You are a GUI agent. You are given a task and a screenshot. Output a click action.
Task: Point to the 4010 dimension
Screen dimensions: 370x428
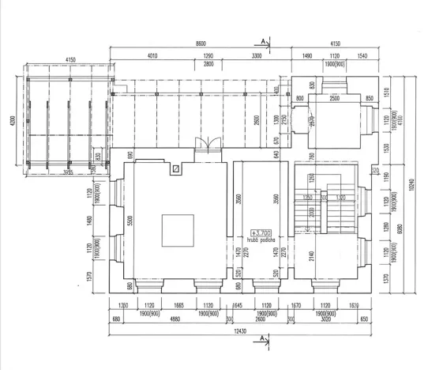point(152,57)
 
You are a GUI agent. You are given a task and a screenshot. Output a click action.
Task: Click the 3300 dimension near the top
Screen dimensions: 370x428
point(257,57)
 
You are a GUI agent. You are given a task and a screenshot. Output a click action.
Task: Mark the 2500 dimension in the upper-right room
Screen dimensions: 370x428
point(334,97)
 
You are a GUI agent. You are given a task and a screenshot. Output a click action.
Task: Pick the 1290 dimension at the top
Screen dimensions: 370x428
point(208,57)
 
